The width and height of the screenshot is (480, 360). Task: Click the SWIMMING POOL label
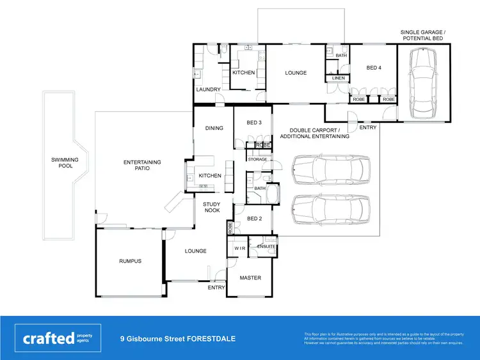pos(65,162)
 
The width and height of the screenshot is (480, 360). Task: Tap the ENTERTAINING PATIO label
pos(142,166)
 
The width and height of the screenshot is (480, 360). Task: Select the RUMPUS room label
pos(130,261)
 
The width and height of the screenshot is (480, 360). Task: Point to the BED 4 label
pos(373,67)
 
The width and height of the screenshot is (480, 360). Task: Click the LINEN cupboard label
pos(339,78)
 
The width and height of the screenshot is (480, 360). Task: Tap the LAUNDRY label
pos(208,90)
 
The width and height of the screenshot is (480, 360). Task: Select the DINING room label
pos(214,128)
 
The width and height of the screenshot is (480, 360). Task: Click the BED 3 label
pos(254,123)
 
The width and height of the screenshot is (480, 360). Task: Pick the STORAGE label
pos(257,159)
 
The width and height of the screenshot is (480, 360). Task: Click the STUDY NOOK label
pos(212,208)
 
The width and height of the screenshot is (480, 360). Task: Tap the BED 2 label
pos(254,219)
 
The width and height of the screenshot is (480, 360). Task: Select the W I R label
pos(240,247)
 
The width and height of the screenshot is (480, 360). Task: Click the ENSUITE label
pos(266,246)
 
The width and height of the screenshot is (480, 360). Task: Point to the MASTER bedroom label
pos(250,278)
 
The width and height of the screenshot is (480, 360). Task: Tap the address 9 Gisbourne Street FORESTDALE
pos(178,338)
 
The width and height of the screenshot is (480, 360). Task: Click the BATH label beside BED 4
pos(341,56)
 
